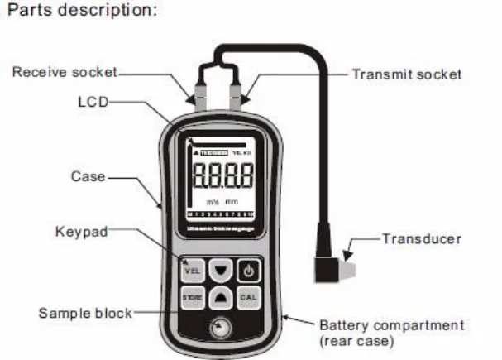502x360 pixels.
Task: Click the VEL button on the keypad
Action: pos(192,271)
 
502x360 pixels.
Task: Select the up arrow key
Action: pos(220,295)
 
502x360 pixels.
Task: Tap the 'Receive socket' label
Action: pos(64,73)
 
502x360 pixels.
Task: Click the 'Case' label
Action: pos(88,176)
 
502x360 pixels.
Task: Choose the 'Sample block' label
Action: pos(85,313)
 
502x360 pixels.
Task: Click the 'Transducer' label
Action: pos(421,238)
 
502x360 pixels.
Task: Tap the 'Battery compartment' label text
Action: pos(391,325)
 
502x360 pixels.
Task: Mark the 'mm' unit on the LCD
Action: pos(232,201)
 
